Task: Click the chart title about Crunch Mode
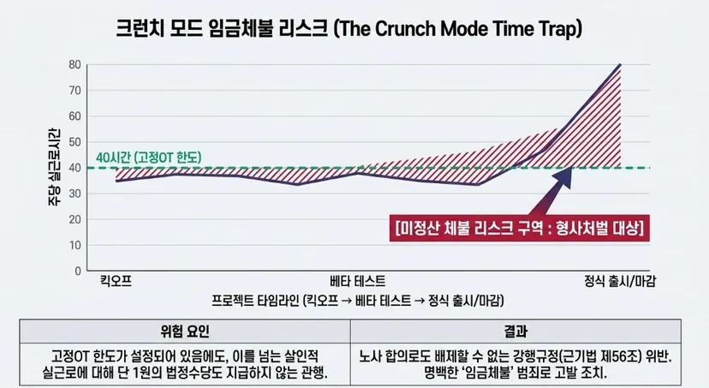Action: coord(349,28)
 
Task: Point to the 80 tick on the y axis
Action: coord(75,65)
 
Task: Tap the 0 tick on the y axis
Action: coord(78,271)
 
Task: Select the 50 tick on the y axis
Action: coord(75,142)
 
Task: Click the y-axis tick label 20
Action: coord(75,219)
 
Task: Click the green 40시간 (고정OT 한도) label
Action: coord(149,158)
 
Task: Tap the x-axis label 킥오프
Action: coord(116,281)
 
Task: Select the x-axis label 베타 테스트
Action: coord(358,281)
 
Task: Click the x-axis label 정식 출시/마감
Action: coord(619,281)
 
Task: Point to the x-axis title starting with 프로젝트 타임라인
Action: coord(358,301)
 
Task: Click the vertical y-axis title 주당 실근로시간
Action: coord(54,167)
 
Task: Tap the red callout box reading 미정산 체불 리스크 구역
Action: coord(520,228)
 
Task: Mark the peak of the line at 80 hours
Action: coord(620,65)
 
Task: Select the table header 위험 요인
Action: coord(184,331)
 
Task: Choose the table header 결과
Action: coord(515,331)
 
